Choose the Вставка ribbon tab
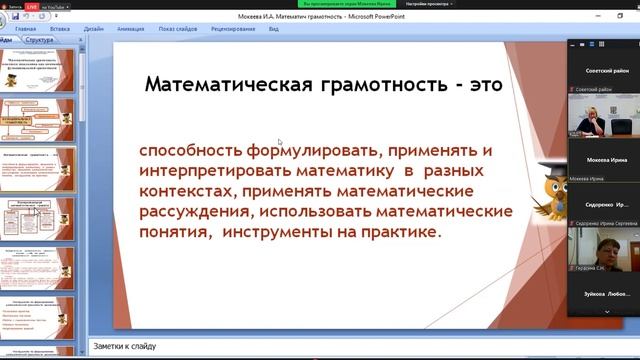click(59, 29)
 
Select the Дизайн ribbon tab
click(95, 29)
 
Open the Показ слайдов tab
click(182, 29)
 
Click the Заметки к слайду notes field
click(300, 346)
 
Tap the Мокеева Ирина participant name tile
click(603, 158)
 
